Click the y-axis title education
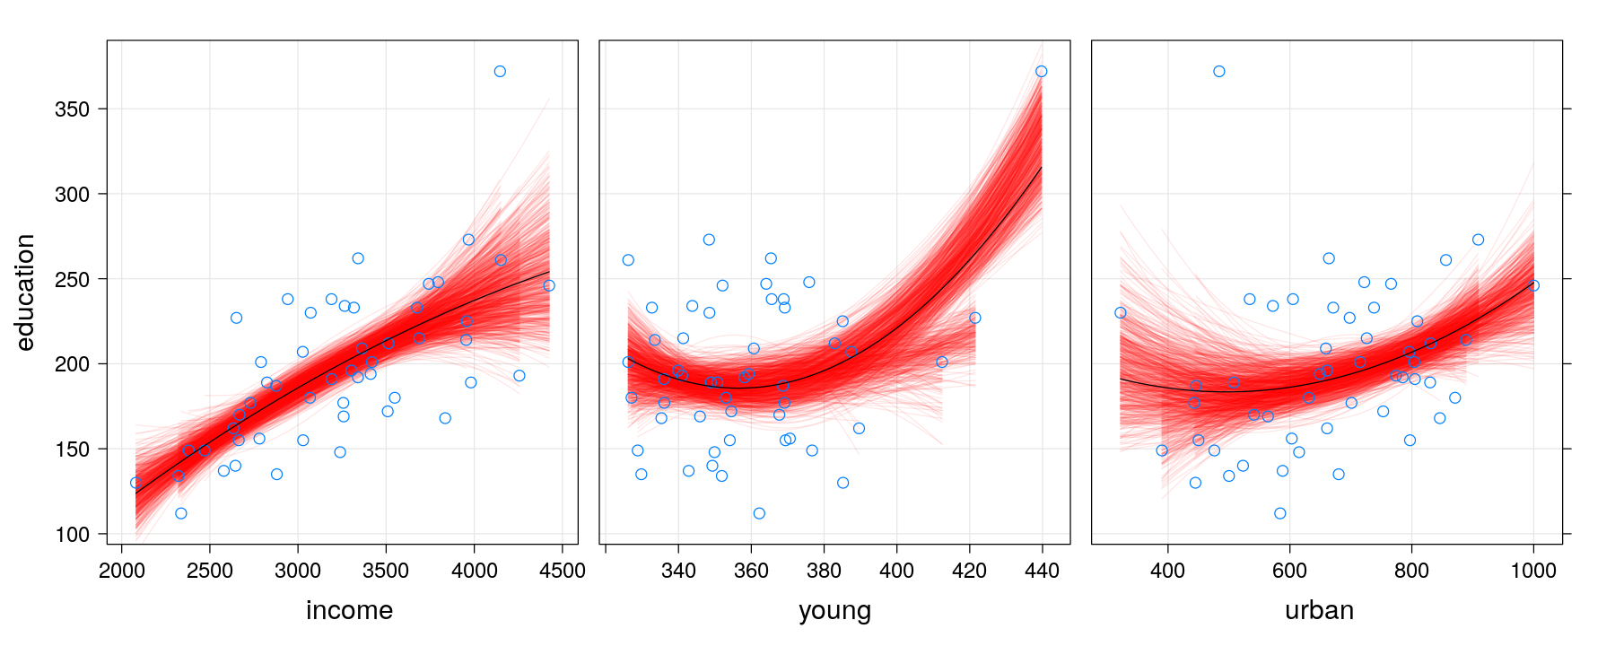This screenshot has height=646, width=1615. [25, 292]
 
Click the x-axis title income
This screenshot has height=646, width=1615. [349, 611]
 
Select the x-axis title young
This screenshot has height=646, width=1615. [834, 611]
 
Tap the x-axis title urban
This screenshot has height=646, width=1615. [1319, 611]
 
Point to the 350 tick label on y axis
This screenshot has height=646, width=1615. [73, 109]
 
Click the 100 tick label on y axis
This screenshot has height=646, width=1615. [73, 535]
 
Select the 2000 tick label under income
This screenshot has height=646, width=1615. [121, 572]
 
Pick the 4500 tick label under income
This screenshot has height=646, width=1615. [563, 572]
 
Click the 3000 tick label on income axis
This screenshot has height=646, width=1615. [298, 572]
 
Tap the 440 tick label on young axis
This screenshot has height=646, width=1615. [1042, 572]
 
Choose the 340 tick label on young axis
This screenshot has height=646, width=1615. [678, 572]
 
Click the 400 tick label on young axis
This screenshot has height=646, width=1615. [896, 572]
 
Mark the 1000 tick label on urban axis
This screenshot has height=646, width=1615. [1533, 572]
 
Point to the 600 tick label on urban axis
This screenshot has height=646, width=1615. [1289, 572]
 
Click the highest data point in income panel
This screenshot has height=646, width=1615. [500, 72]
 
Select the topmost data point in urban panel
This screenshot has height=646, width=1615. [1219, 72]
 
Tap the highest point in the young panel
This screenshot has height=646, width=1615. [1041, 72]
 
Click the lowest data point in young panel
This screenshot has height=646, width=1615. [759, 513]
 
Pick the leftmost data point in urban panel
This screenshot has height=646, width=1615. [1120, 313]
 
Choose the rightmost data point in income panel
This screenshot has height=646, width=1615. [549, 285]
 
